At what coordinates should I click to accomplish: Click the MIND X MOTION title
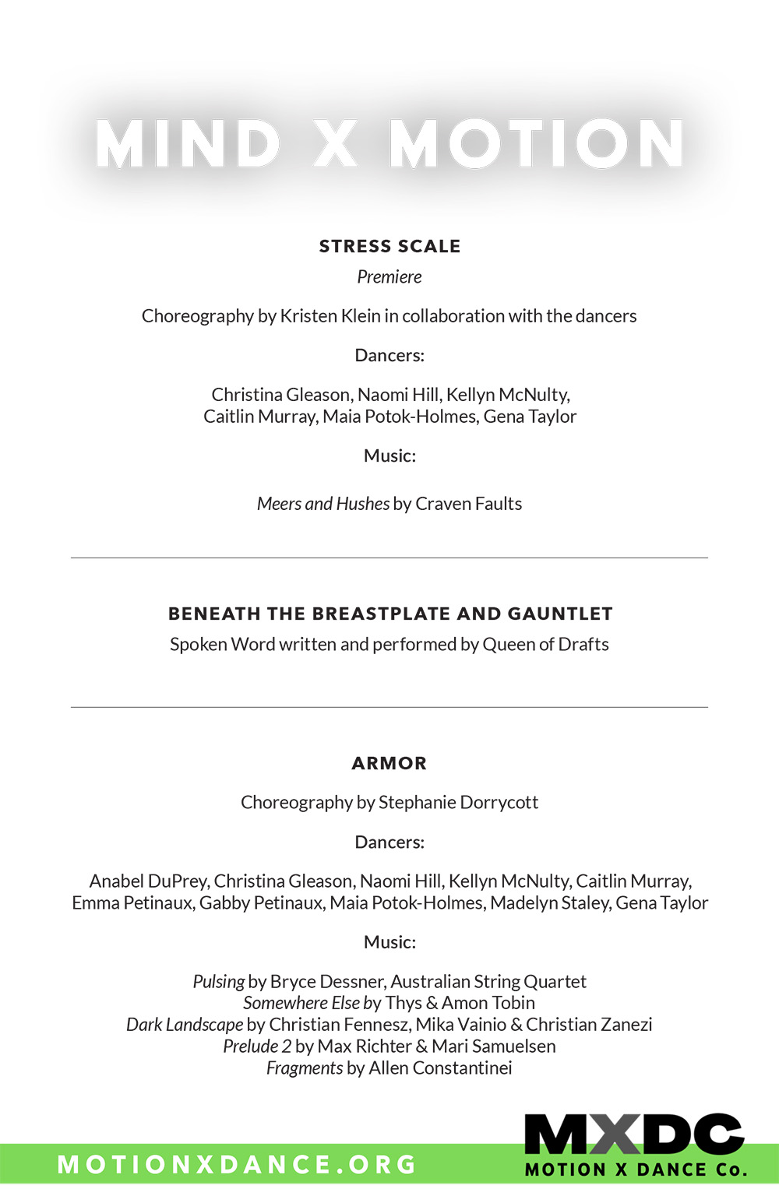(389, 144)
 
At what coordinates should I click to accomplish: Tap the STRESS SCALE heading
(389, 246)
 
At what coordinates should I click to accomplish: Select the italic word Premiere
(389, 277)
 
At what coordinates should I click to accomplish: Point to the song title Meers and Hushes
(323, 504)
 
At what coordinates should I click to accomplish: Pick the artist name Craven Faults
(468, 504)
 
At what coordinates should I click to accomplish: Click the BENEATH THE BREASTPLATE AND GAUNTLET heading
(390, 614)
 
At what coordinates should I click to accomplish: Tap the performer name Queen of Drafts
(545, 645)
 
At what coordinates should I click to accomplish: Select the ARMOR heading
(389, 763)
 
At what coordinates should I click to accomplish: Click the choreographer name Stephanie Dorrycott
(458, 803)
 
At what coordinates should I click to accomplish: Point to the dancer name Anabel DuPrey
(148, 881)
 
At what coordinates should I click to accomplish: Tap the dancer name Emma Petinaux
(132, 903)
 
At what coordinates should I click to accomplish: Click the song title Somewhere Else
(301, 1003)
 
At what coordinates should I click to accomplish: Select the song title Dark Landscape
(185, 1025)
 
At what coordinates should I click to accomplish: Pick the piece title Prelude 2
(257, 1046)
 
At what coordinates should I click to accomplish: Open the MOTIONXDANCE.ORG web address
(237, 1164)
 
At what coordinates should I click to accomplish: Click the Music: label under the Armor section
(389, 942)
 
